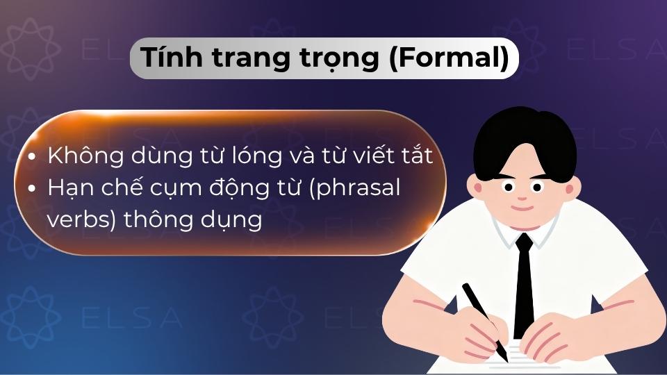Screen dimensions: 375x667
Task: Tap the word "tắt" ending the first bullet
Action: click(416, 156)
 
